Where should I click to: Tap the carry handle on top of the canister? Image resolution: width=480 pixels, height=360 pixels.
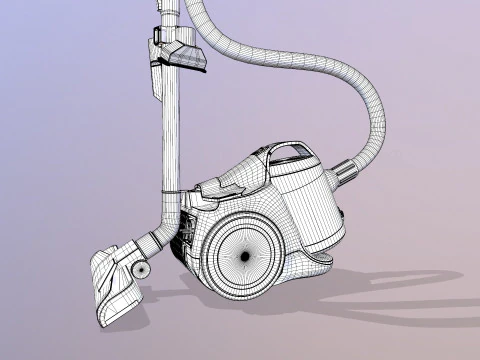[293, 152]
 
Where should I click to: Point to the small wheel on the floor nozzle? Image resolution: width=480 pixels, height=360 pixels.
[143, 271]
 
